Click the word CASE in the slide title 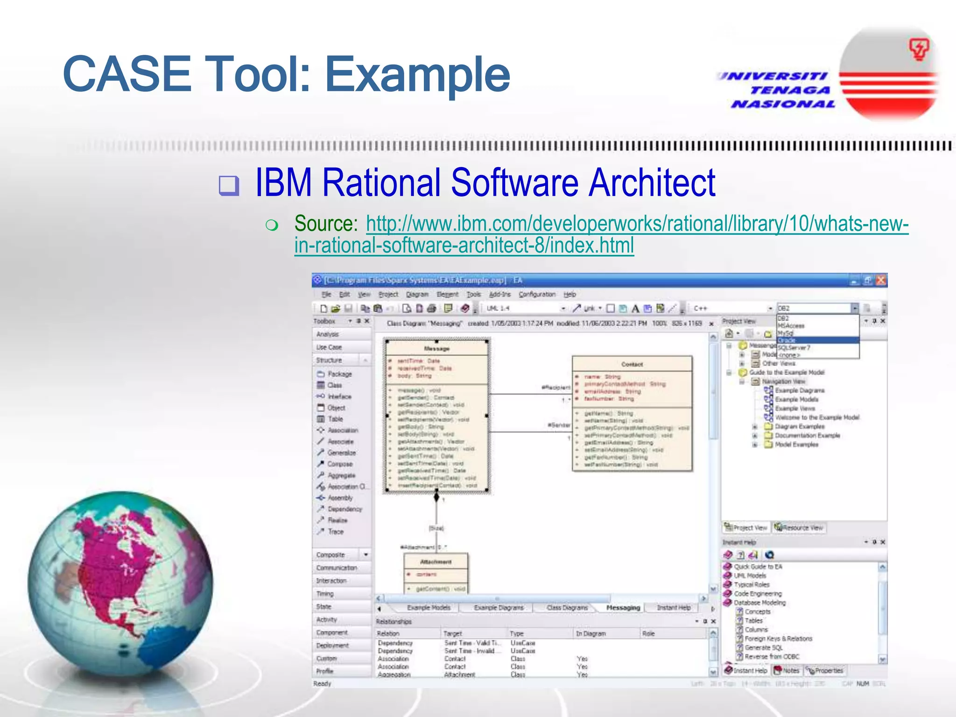pyautogui.click(x=127, y=75)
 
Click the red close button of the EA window pyautogui.click(x=880, y=280)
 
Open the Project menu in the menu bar pyautogui.click(x=388, y=294)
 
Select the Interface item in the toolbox pyautogui.click(x=339, y=396)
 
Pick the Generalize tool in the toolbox pyautogui.click(x=341, y=453)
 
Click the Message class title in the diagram pyautogui.click(x=436, y=348)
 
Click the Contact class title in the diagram pyautogui.click(x=632, y=364)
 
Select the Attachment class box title pyautogui.click(x=436, y=562)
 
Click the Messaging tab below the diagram pyautogui.click(x=623, y=608)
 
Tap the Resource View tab pyautogui.click(x=799, y=527)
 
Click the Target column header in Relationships pyautogui.click(x=452, y=633)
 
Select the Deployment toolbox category pyautogui.click(x=332, y=646)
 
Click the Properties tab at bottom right pyautogui.click(x=827, y=671)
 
